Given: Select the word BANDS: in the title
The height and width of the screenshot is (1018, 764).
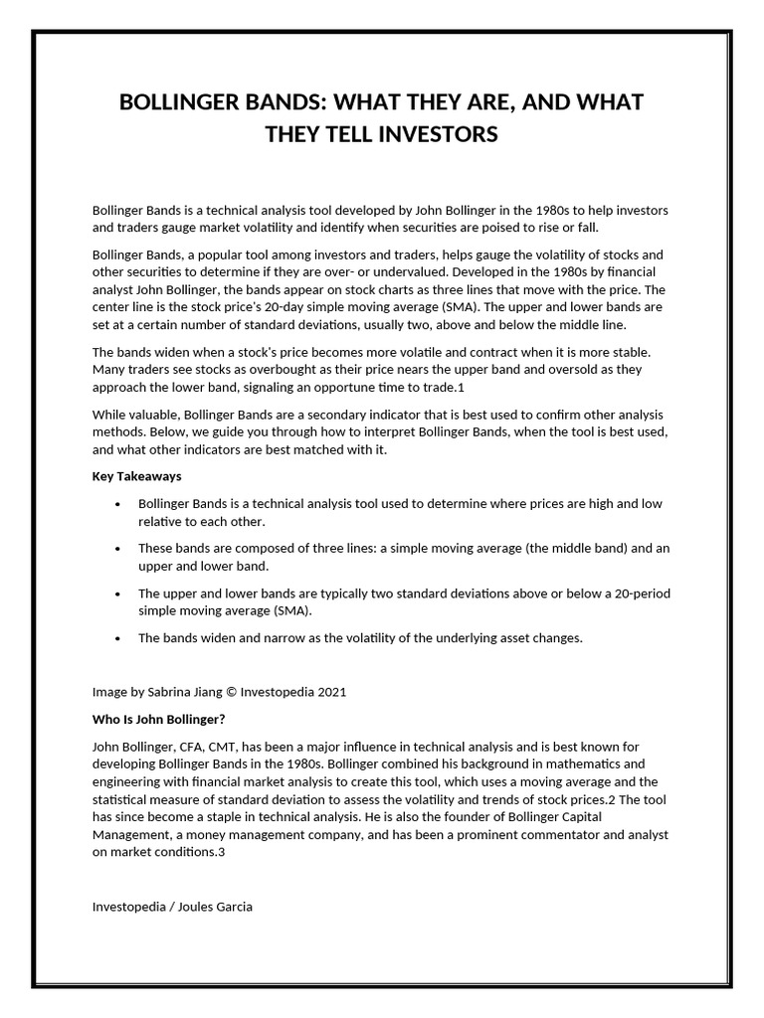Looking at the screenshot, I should tap(279, 102).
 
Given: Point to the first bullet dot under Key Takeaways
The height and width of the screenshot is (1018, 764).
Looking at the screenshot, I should tap(118, 505).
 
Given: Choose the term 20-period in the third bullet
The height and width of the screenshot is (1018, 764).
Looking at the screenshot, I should tap(640, 594).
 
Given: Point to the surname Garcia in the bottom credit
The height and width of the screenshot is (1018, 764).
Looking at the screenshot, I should tap(232, 908).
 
